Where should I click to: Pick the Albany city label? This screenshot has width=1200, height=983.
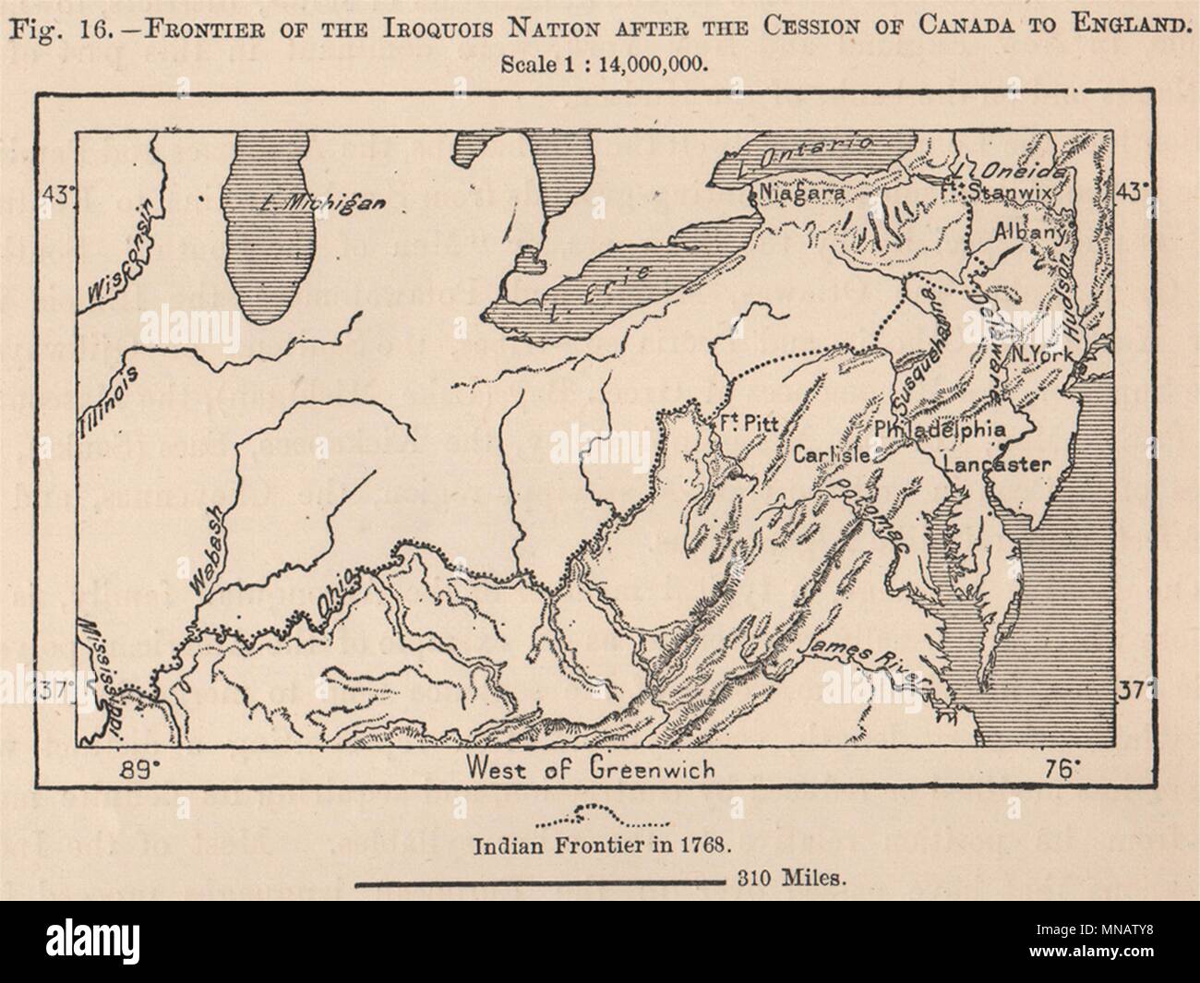[1031, 234]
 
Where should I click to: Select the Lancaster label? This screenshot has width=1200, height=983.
[998, 464]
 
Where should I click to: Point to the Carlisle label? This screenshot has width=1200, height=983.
[831, 455]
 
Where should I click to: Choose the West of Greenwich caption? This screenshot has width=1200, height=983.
[591, 767]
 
